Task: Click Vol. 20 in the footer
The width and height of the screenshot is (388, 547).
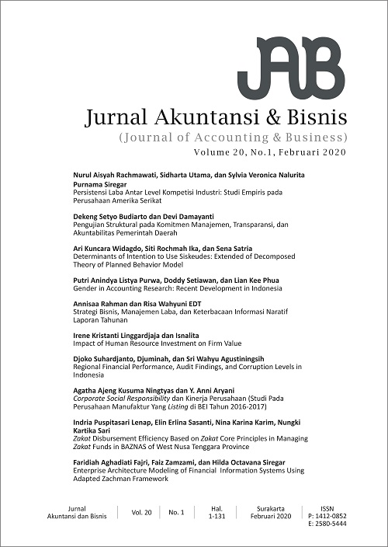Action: (x=140, y=513)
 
